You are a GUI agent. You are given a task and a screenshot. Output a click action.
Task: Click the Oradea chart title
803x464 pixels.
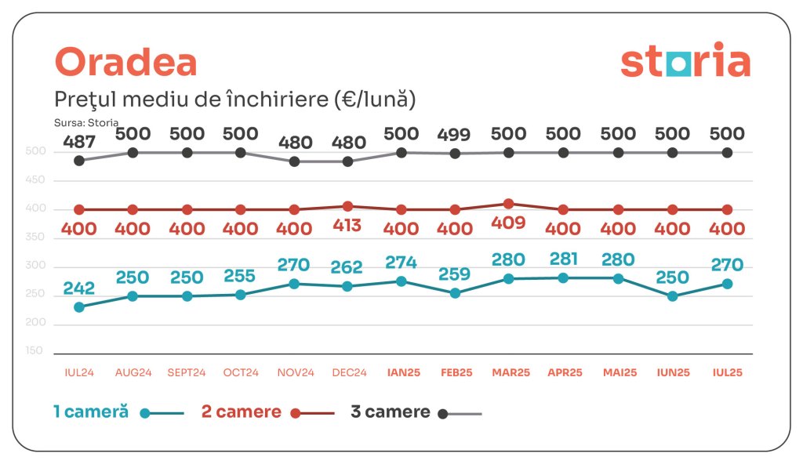click(125, 63)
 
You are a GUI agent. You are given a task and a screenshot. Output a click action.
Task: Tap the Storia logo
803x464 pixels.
click(685, 63)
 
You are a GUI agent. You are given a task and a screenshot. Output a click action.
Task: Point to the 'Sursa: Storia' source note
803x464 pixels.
click(86, 122)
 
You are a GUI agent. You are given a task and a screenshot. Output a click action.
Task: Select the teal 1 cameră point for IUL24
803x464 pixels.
click(79, 307)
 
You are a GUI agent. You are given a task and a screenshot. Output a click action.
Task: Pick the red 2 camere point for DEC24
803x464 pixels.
click(348, 206)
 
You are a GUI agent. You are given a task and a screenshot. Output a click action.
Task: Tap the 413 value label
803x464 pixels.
click(348, 226)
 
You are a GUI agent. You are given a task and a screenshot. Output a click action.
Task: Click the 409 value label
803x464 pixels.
click(509, 223)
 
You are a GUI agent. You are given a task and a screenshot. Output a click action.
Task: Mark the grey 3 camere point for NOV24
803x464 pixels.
click(294, 161)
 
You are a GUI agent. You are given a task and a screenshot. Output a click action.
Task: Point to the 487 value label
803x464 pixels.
click(79, 142)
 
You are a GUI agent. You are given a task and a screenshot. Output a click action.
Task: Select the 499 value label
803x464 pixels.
click(455, 135)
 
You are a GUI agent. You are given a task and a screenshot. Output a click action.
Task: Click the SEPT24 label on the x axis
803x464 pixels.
click(187, 373)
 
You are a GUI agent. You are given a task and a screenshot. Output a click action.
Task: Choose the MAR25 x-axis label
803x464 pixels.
click(509, 373)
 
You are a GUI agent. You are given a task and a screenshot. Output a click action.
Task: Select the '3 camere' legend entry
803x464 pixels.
click(391, 412)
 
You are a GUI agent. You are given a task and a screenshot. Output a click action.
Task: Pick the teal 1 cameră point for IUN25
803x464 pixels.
click(672, 296)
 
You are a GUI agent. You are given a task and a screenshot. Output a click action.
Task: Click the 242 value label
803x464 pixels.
click(79, 288)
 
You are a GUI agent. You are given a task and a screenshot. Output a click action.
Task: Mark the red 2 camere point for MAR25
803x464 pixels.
click(509, 204)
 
